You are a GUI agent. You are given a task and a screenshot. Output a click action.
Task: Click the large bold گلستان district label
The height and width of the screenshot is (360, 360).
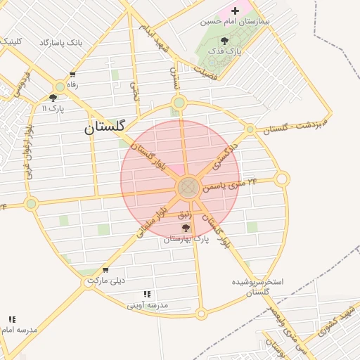coord(104,127)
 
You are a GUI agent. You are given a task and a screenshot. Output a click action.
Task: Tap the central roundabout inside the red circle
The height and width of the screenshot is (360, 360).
coord(188,188)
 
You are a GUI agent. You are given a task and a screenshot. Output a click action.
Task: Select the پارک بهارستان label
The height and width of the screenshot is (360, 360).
coord(186,239)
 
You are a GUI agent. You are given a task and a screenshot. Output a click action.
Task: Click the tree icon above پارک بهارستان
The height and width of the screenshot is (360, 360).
coord(186,228)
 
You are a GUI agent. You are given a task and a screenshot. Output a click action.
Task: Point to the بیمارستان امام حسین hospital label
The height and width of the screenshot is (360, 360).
coord(235,21)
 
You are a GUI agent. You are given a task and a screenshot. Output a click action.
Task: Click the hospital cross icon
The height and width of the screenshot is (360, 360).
coord(235,11)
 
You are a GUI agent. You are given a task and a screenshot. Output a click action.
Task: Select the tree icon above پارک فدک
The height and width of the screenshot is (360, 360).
coord(224,41)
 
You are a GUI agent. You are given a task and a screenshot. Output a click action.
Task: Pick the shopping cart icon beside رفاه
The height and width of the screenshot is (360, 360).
coord(72,75)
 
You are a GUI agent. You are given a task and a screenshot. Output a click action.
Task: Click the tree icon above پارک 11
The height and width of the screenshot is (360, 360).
coord(53,98)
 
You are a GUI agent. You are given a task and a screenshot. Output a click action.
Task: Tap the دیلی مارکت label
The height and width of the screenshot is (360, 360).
coord(105,281)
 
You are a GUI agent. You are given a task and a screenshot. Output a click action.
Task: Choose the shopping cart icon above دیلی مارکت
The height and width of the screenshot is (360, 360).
coord(105,270)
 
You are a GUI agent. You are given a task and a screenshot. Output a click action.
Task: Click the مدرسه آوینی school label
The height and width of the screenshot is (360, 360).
coord(148,305)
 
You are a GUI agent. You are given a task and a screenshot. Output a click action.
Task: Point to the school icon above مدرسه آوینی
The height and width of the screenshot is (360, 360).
coord(147,294)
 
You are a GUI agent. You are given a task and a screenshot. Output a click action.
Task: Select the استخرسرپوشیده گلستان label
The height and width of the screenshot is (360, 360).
coord(258,286)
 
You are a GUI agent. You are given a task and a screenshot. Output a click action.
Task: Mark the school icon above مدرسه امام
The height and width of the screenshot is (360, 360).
coord(13,319)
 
